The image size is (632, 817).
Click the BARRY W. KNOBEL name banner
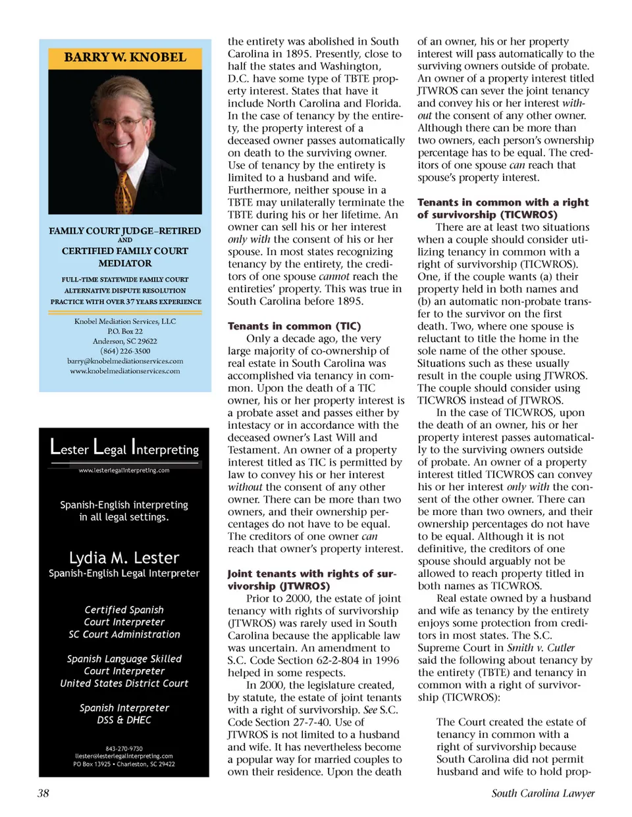point(125,57)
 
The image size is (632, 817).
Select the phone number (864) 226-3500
point(125,351)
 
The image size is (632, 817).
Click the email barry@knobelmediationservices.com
point(125,361)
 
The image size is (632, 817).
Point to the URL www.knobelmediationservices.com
point(125,371)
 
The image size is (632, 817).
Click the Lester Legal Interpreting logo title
point(124,448)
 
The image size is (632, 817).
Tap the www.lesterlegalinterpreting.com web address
point(124,470)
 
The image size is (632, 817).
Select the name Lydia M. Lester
point(124,558)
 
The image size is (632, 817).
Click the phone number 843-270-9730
point(124,749)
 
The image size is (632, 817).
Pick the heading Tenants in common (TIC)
point(294,326)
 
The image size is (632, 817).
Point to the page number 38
point(43,793)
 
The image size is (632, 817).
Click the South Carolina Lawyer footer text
point(542,793)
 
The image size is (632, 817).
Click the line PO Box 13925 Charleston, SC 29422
point(124,764)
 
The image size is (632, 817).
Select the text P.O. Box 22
point(125,332)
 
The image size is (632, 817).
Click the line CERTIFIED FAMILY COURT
point(125,251)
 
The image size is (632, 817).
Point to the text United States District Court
point(124,683)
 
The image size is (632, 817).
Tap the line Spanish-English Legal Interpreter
point(124,574)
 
